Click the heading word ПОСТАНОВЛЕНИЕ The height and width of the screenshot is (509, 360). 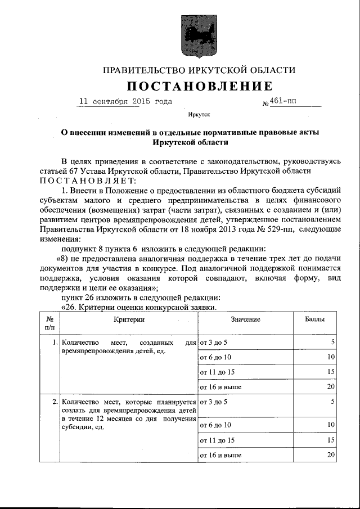[x=199, y=86]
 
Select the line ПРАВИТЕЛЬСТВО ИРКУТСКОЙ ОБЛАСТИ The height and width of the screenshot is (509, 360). [x=199, y=70]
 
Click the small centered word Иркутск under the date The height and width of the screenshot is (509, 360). [x=199, y=115]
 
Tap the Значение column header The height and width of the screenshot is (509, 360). [x=245, y=319]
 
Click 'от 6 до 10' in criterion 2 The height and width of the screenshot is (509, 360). [x=215, y=425]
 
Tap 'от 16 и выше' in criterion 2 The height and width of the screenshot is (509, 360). [x=221, y=454]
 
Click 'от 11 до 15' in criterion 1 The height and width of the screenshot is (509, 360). [x=217, y=372]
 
